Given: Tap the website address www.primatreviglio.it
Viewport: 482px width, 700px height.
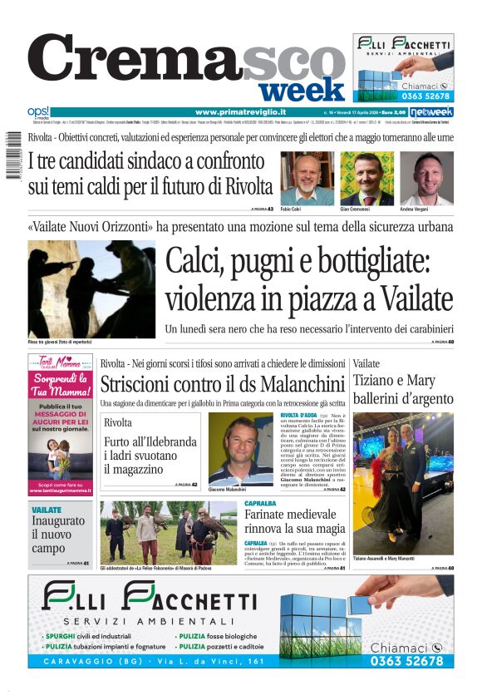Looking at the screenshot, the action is click(241, 111).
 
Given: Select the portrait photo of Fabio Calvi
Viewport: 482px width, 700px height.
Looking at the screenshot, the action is click(307, 178).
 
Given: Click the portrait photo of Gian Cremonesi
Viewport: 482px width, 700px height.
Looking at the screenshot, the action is click(366, 178).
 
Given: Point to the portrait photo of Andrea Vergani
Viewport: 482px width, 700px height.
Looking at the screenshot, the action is click(426, 178).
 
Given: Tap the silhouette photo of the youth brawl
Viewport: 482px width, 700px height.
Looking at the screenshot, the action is click(91, 288).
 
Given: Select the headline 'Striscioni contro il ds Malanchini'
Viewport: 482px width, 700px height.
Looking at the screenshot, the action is click(222, 385).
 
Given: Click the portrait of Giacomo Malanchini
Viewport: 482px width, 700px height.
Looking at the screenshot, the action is click(240, 449).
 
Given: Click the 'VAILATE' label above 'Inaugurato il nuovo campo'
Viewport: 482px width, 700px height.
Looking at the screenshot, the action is click(47, 510).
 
